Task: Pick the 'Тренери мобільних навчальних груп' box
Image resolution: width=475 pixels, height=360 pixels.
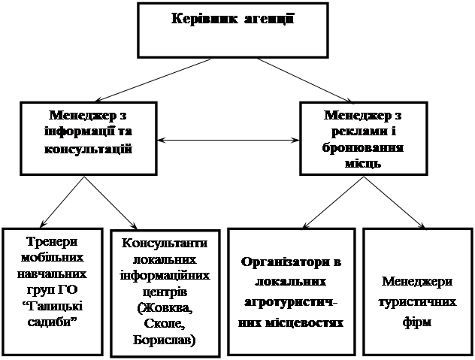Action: click(x=53, y=289)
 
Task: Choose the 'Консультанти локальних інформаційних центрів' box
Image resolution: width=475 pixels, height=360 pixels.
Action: click(x=162, y=293)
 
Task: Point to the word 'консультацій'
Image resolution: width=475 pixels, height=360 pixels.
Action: click(x=89, y=148)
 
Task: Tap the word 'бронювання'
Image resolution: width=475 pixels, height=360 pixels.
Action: click(x=363, y=147)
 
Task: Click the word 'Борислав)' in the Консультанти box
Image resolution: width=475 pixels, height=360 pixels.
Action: click(x=162, y=340)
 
